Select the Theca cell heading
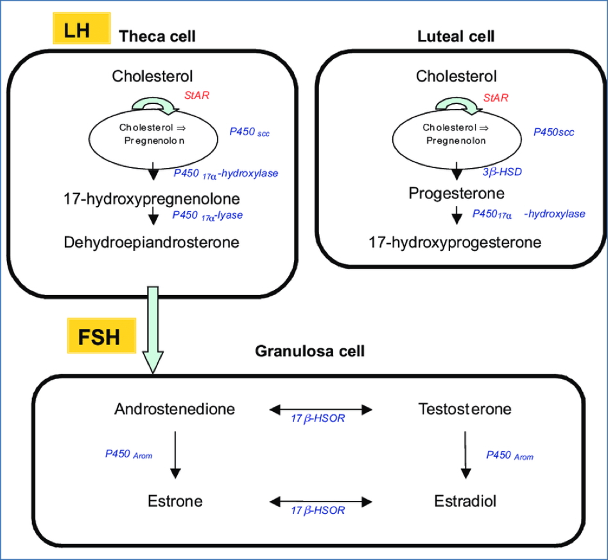tap(157, 36)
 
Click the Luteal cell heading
tap(456, 36)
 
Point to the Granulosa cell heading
tap(310, 351)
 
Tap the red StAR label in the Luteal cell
tap(496, 98)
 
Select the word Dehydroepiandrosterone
tap(152, 242)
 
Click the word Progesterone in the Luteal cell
tap(456, 193)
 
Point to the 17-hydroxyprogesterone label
tap(455, 242)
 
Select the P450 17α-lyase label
tap(207, 216)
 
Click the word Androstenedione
tap(175, 409)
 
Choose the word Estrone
tap(175, 500)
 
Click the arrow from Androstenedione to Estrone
tap(175, 454)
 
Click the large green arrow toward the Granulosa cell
tap(153, 327)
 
